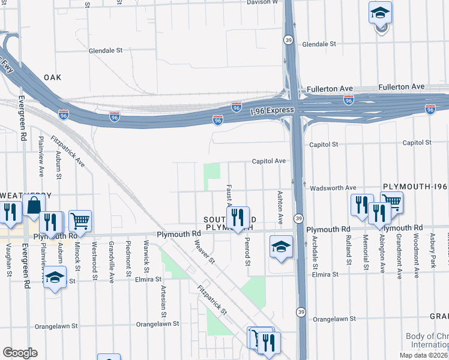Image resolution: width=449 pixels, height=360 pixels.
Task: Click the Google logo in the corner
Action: pyautogui.click(x=20, y=353)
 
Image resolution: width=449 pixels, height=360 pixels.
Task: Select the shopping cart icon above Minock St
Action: pyautogui.click(x=80, y=221)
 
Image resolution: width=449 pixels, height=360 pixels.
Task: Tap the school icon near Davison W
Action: pyautogui.click(x=379, y=13)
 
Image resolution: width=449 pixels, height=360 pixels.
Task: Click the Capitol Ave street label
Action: pyautogui.click(x=268, y=161)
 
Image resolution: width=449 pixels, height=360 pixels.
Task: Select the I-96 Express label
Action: pyautogui.click(x=273, y=110)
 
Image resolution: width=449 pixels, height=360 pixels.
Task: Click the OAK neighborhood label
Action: pyautogui.click(x=53, y=77)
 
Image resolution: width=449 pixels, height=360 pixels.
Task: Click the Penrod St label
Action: pyautogui.click(x=247, y=253)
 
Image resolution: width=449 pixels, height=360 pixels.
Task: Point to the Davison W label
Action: pyautogui.click(x=262, y=2)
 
